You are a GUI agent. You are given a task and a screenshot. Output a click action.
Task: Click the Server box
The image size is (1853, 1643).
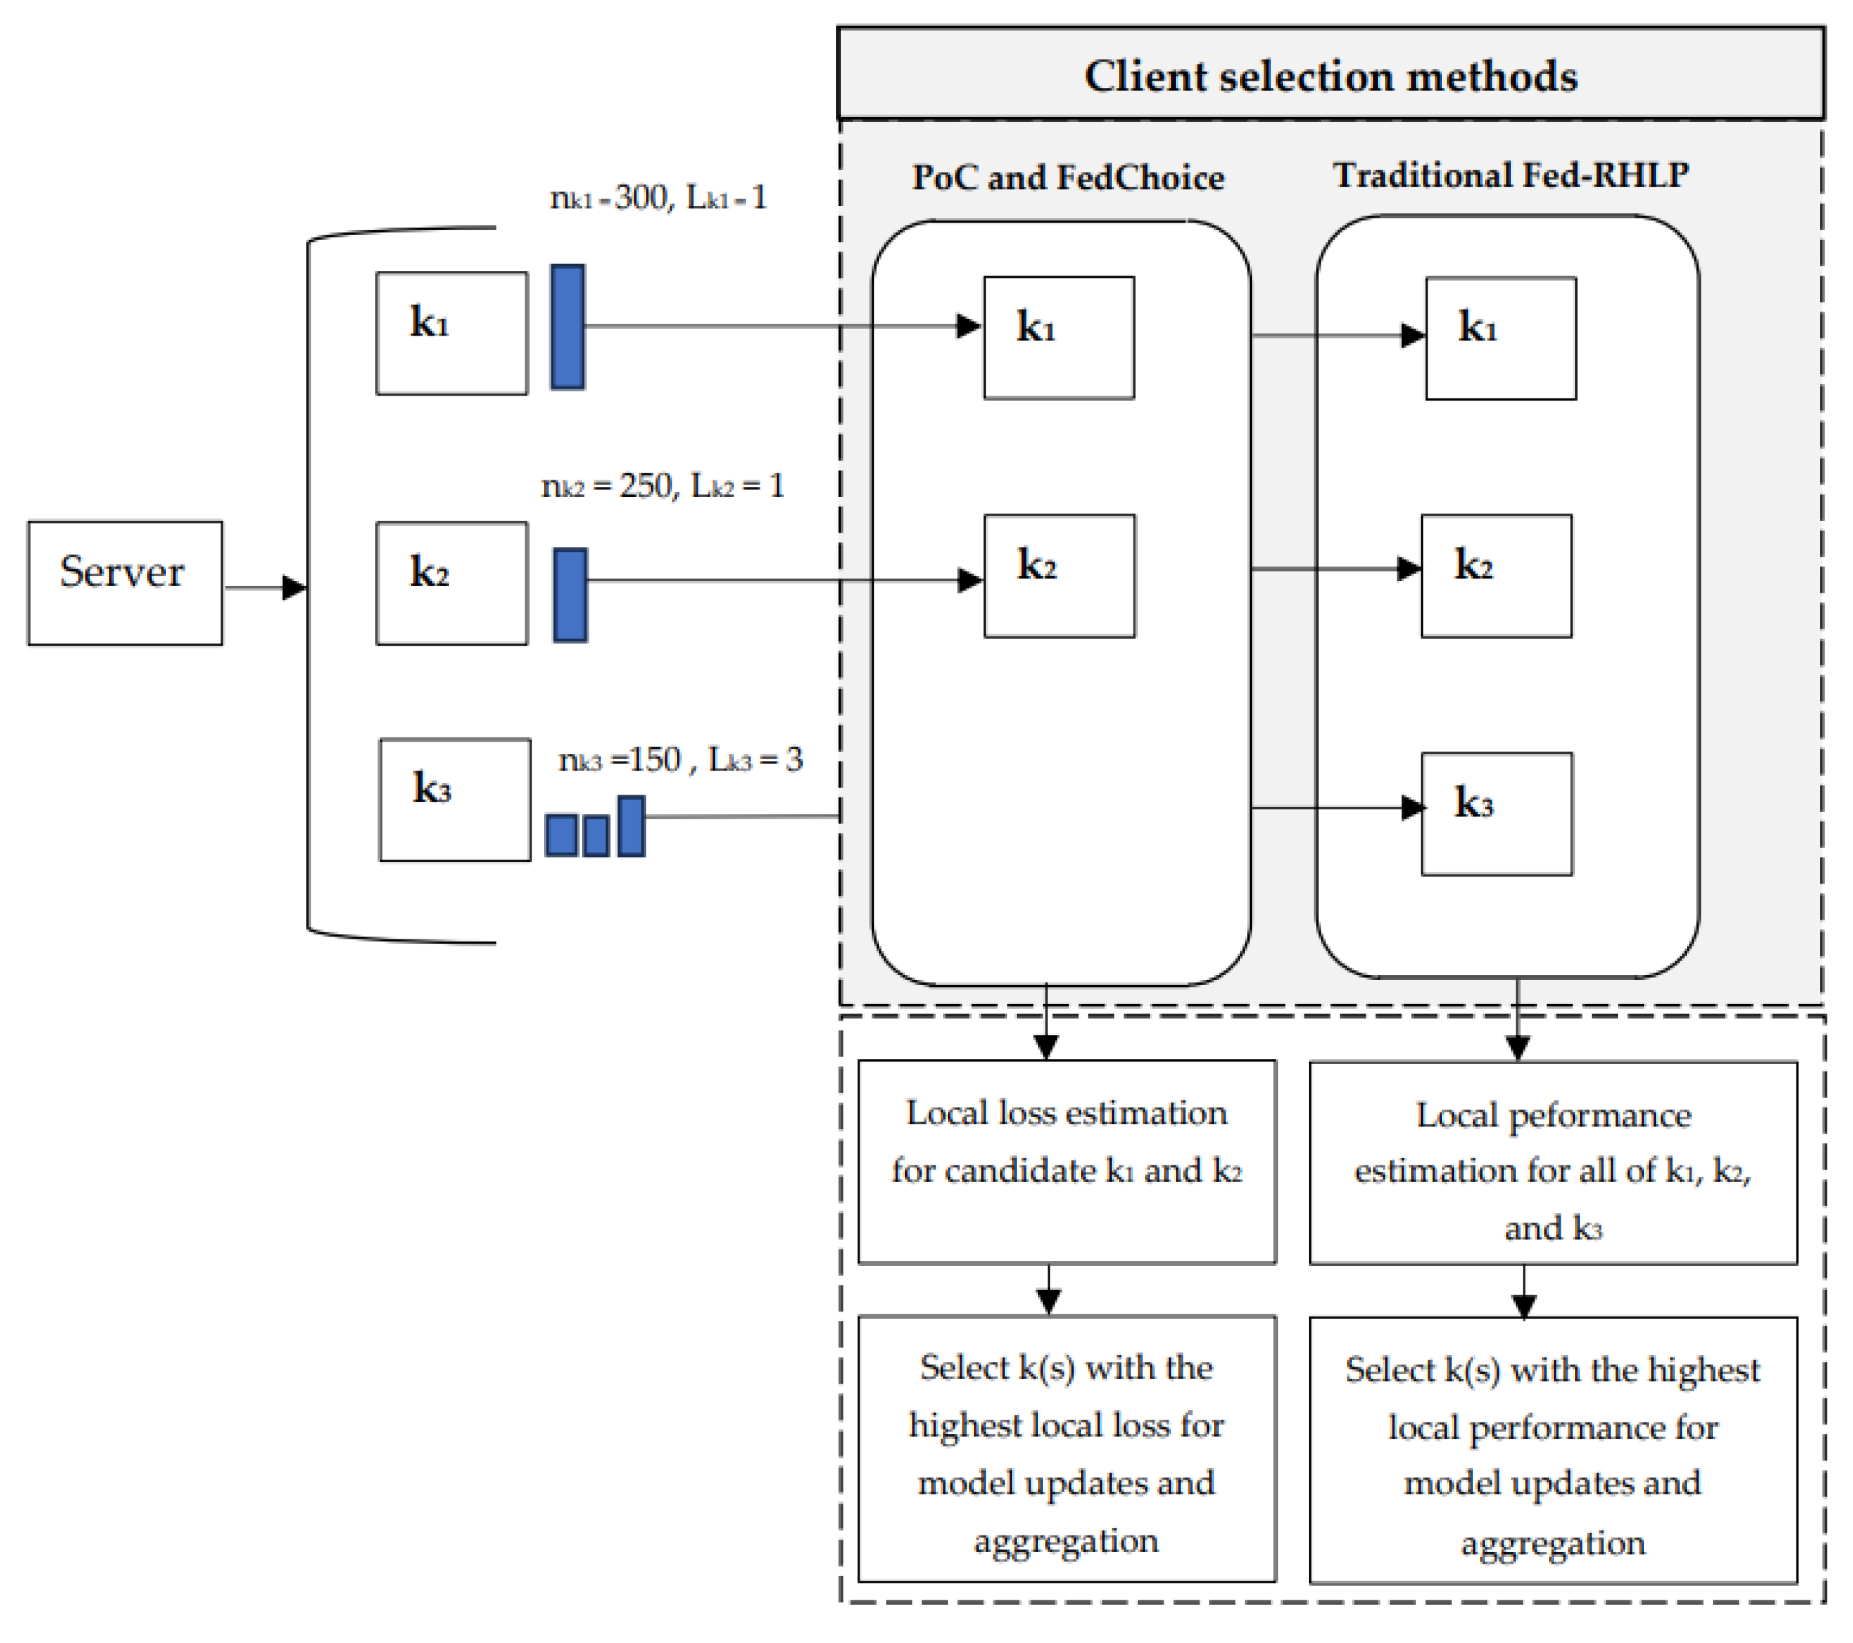(x=125, y=583)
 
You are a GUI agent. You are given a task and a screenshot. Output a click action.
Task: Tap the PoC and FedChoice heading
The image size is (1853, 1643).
(x=1067, y=176)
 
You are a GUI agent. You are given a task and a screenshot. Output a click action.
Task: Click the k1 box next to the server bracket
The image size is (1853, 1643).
(x=452, y=333)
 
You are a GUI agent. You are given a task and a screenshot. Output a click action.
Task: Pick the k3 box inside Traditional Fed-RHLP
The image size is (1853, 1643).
(x=1496, y=813)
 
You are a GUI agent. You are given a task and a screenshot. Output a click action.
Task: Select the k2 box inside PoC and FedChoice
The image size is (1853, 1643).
(x=1059, y=575)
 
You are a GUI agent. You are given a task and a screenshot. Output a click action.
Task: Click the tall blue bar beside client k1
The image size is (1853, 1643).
(x=567, y=327)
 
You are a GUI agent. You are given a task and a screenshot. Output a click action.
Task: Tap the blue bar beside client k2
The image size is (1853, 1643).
(x=570, y=595)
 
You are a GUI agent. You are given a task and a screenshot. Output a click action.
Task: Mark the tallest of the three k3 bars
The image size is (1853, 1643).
(x=631, y=826)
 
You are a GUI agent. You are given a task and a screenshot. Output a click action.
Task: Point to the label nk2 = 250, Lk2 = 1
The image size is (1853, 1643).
(x=662, y=486)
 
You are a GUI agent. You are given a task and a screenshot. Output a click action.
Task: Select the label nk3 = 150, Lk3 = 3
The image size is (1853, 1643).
(x=680, y=759)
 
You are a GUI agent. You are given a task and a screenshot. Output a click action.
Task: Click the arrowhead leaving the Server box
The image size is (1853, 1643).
(x=294, y=587)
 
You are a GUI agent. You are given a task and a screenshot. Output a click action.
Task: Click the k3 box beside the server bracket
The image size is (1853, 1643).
(x=454, y=799)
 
